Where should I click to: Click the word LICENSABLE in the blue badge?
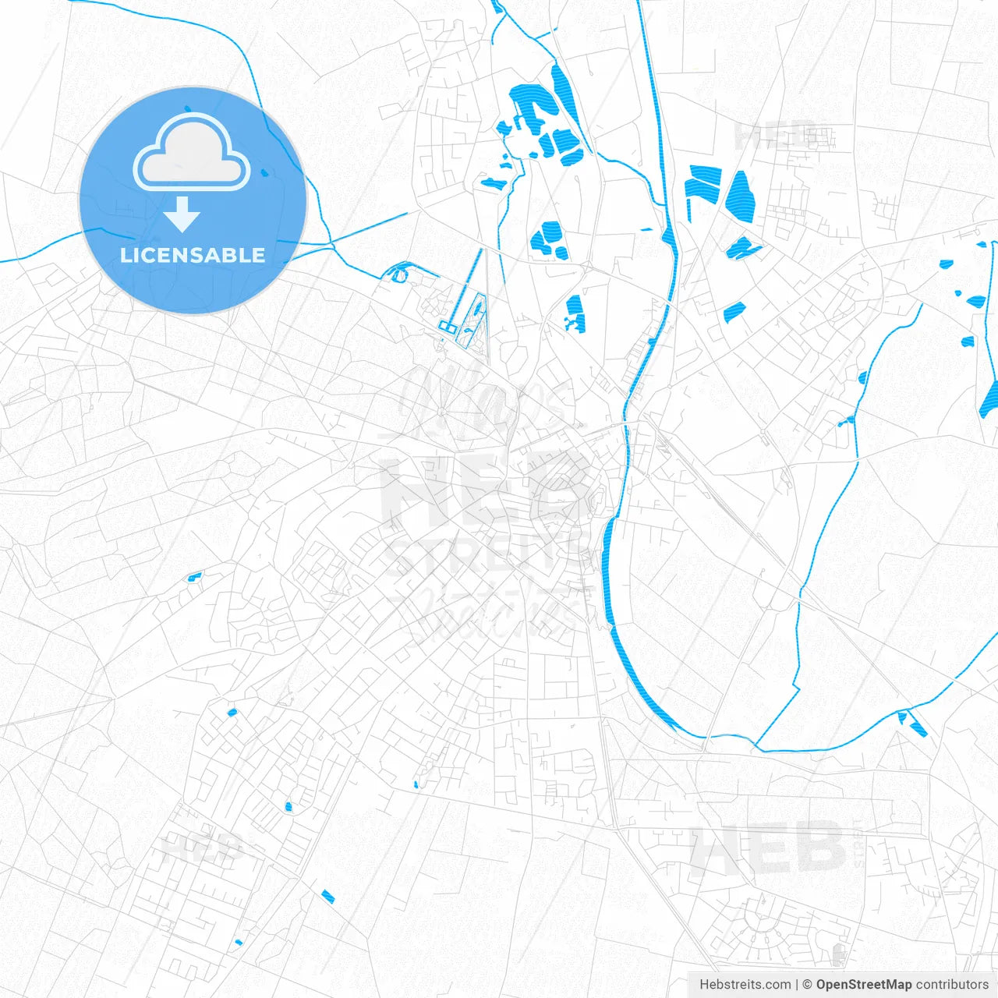(193, 255)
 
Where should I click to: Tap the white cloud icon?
(192, 154)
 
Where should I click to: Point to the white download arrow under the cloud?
(182, 214)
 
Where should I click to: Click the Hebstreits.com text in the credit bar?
(745, 985)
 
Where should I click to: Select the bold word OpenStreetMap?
(863, 985)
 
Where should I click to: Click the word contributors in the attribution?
(951, 985)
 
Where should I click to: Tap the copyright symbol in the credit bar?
(808, 985)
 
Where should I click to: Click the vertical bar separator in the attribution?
(797, 985)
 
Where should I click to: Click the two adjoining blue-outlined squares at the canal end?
(447, 326)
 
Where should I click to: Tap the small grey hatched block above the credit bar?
(839, 953)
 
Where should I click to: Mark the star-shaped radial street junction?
(442, 410)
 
